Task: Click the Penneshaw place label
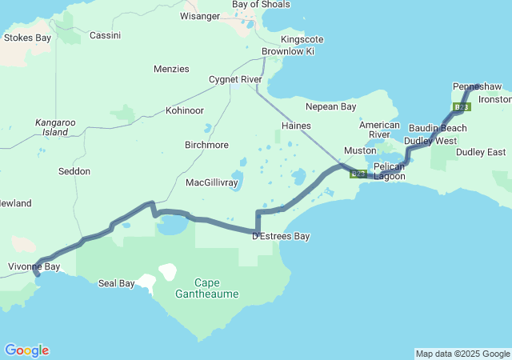(x=478, y=86)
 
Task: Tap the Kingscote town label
(x=302, y=39)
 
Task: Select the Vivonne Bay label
(x=34, y=266)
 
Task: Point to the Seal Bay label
(x=116, y=283)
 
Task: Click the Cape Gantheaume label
(x=206, y=288)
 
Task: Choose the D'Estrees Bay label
(x=281, y=236)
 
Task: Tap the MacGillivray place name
(x=212, y=182)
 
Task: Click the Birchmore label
(x=206, y=145)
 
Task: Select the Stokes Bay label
(x=27, y=37)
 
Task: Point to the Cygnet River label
(x=235, y=79)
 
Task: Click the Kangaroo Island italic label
(x=52, y=126)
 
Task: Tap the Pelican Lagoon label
(x=389, y=170)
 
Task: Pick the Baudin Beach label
(x=438, y=128)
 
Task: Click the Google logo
(x=26, y=350)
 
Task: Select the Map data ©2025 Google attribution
(x=462, y=354)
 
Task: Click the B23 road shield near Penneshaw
(x=462, y=106)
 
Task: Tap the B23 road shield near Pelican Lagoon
(x=358, y=173)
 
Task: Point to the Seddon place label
(x=74, y=171)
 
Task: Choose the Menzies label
(x=171, y=69)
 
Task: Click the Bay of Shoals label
(x=261, y=4)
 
